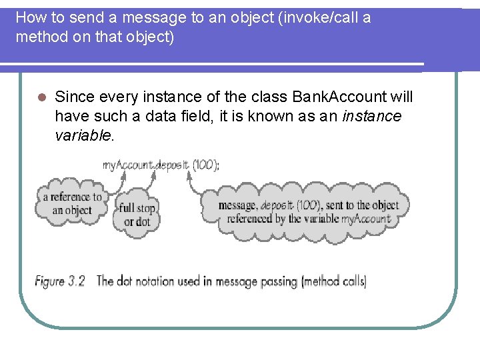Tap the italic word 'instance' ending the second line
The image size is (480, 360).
[371, 117]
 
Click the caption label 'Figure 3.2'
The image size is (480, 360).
[60, 281]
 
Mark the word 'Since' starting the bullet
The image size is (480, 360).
[74, 97]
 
